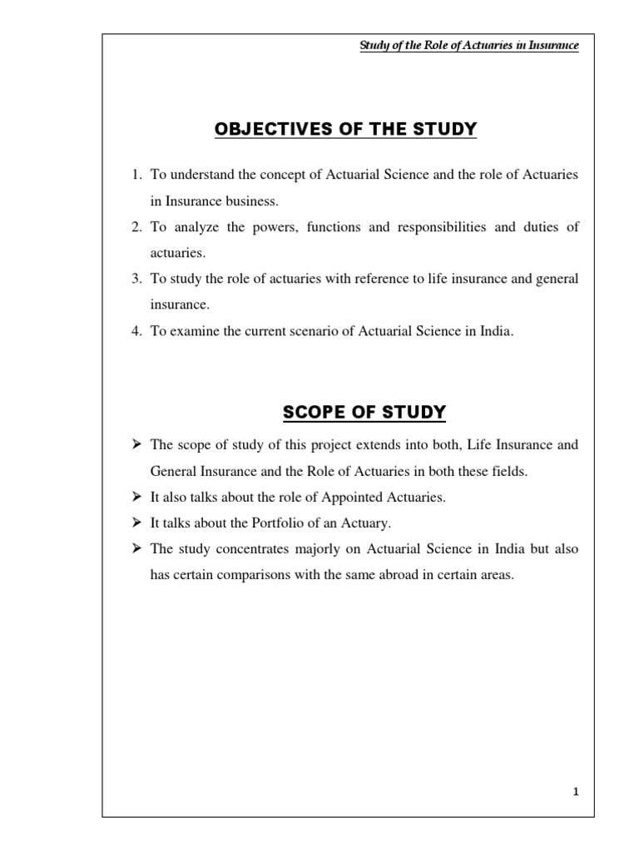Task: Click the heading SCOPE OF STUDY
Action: pos(364,412)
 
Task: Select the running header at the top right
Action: pos(468,47)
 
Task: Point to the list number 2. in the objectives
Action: pos(136,227)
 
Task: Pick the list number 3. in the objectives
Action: pos(136,279)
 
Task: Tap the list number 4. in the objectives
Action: pos(136,331)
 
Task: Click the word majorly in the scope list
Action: pos(312,549)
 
